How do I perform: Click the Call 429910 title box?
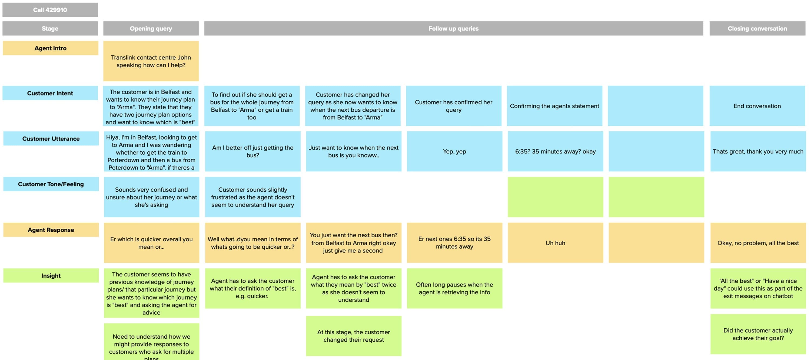[50, 10]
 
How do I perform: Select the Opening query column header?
[151, 28]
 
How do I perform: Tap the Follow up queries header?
[453, 28]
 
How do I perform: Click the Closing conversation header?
[757, 28]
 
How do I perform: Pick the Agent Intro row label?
[50, 48]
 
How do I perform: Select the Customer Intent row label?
[50, 93]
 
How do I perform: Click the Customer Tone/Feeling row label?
[51, 184]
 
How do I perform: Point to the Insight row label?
[51, 276]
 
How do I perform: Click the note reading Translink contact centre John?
[151, 61]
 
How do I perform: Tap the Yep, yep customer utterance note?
[455, 151]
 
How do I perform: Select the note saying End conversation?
[757, 106]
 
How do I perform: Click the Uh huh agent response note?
[555, 243]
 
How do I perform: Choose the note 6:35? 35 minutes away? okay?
[555, 151]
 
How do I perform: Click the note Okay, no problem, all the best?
[758, 243]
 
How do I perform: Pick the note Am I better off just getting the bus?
[253, 151]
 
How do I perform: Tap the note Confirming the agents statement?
[554, 106]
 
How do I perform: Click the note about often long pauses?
[455, 288]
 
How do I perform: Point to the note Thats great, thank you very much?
[758, 151]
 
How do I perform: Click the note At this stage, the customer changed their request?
[354, 336]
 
